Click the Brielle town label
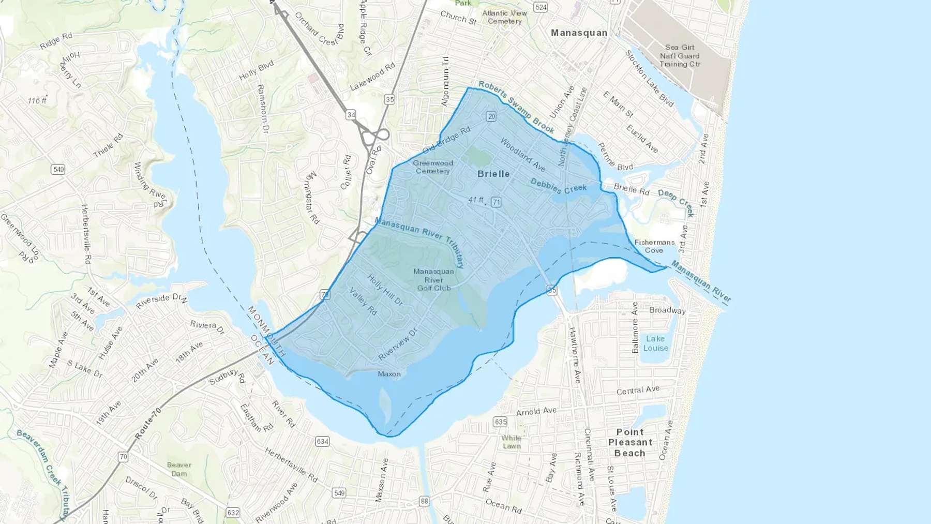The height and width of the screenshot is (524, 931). [493, 174]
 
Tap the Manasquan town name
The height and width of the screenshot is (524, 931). [579, 33]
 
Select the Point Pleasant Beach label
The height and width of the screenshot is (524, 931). [630, 442]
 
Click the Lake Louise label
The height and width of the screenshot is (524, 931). [655, 343]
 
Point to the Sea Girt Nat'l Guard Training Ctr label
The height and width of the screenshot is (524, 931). [680, 56]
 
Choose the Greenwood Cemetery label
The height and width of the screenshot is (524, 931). [433, 167]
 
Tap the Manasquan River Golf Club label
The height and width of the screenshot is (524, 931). [433, 279]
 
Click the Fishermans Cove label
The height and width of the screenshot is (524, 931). [654, 246]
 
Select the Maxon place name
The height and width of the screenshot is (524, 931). [389, 374]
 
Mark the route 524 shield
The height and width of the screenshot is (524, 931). [541, 7]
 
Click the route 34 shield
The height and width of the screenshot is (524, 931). [351, 115]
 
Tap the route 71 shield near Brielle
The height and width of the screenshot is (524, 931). [496, 202]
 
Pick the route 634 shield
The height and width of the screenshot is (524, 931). [322, 441]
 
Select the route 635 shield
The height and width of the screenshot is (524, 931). [500, 422]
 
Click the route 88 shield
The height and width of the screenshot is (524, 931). [424, 501]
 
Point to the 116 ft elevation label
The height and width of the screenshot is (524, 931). [37, 100]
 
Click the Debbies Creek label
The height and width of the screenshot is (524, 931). [558, 186]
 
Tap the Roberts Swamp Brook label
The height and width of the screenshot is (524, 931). [516, 107]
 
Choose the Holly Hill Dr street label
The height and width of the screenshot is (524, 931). [385, 290]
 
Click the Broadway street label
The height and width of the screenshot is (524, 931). [667, 310]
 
